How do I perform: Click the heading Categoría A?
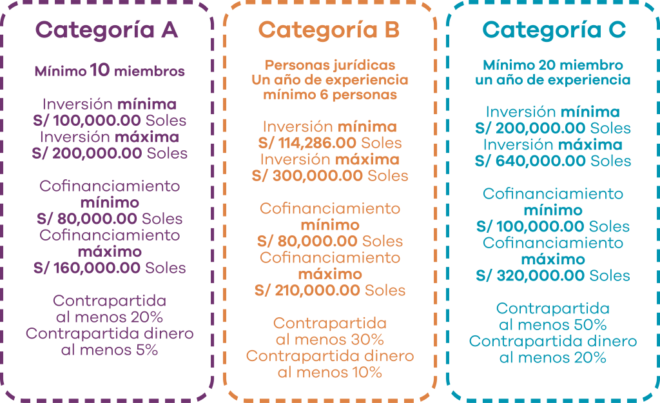point(106,30)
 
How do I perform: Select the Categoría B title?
point(329,30)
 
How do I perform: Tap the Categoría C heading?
point(554,30)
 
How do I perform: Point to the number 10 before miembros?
point(100,70)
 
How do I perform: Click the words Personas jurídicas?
point(330,65)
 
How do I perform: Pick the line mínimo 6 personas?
point(330,95)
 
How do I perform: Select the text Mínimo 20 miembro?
point(552,65)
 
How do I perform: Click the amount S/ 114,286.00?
point(307,143)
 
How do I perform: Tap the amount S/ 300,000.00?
point(307,175)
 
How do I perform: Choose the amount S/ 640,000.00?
point(530,161)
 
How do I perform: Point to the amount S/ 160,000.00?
point(86,268)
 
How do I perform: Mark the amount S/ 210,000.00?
point(307,290)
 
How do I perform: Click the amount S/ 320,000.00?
point(530,275)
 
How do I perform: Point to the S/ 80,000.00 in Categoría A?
point(87,219)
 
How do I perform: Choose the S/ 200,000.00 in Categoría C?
point(530,128)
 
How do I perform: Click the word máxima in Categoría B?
point(367,159)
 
